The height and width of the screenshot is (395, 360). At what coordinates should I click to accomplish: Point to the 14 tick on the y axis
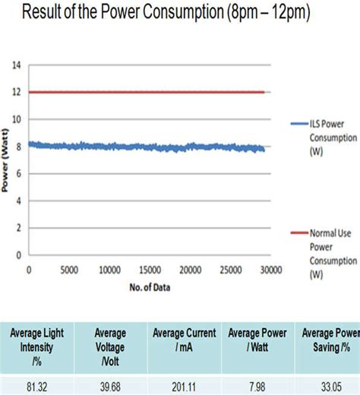17,65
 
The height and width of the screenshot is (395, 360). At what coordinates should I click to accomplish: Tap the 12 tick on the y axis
17,93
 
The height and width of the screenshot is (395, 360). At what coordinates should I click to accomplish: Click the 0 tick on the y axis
19,255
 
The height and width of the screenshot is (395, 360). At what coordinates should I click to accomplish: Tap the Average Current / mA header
185,340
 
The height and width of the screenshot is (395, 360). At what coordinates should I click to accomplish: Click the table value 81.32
40,387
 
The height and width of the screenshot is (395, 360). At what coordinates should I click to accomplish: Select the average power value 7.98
257,387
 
